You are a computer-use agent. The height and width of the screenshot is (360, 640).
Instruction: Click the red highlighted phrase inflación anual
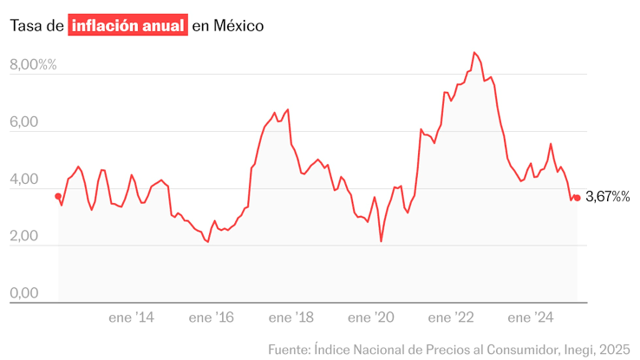click(x=128, y=26)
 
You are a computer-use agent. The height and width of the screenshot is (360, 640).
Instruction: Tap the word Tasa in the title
click(x=26, y=26)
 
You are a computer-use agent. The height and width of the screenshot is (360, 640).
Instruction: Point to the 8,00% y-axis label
click(x=33, y=65)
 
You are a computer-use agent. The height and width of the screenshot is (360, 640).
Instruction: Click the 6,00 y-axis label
click(x=24, y=123)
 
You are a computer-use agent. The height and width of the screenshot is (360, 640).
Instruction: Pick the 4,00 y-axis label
click(x=24, y=180)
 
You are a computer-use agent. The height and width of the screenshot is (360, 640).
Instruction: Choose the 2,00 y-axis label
click(x=24, y=237)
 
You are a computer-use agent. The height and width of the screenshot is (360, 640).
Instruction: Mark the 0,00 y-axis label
click(x=24, y=294)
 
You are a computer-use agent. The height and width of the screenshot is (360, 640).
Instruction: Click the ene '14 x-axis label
click(x=132, y=318)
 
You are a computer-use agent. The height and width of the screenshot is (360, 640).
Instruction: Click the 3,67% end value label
click(x=608, y=198)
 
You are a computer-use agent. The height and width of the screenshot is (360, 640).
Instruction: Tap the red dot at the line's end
click(x=577, y=198)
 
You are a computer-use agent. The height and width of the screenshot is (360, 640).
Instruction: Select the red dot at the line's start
click(x=58, y=196)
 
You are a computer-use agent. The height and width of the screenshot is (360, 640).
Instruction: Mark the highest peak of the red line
click(x=474, y=53)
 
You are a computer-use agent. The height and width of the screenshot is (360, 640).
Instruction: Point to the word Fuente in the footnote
click(x=289, y=349)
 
